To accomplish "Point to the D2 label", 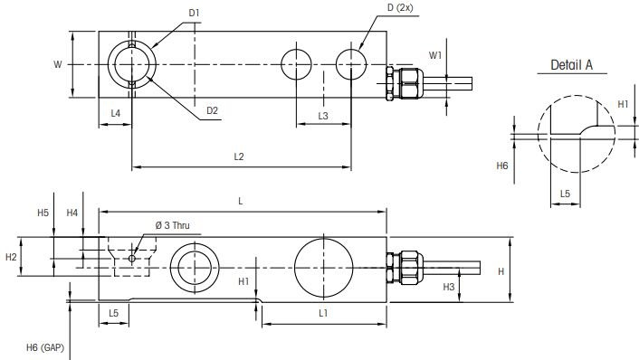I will [x=212, y=110].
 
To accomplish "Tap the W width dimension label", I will [x=58, y=64].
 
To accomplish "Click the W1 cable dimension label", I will [x=435, y=54].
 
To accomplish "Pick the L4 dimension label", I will [x=116, y=112].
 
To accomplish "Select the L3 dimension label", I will [x=323, y=117].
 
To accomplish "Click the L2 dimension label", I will [x=239, y=156].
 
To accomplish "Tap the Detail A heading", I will [x=571, y=65].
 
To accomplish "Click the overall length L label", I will [x=240, y=201].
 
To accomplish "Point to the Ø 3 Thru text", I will [x=172, y=224].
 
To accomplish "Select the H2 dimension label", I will [x=11, y=257].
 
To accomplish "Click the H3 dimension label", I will [x=449, y=287].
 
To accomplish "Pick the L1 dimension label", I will [x=323, y=312].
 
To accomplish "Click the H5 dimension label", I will [x=43, y=213].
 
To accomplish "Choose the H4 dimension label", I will [x=72, y=213].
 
